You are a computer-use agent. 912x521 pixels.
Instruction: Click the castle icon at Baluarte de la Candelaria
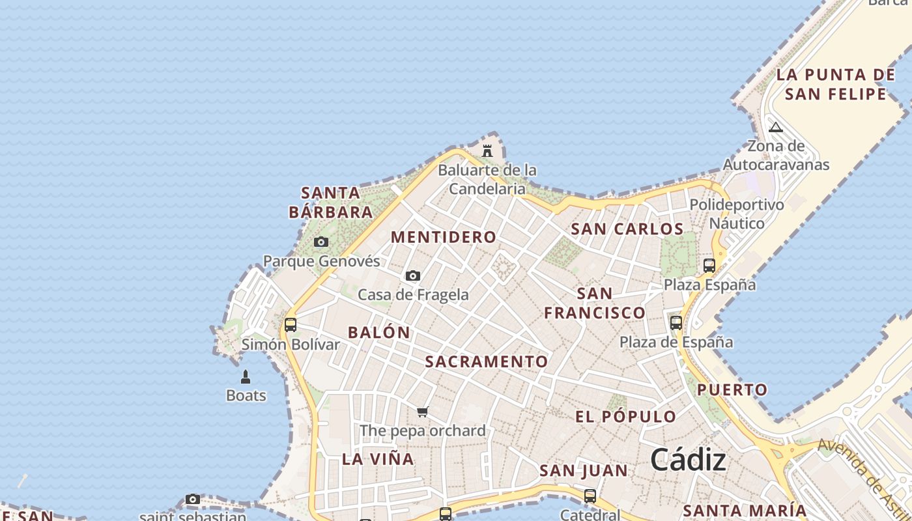(487, 151)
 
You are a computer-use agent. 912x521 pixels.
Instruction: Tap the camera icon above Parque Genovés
(321, 242)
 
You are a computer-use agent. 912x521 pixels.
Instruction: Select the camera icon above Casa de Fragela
(413, 276)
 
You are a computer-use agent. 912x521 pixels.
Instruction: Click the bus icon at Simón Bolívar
(291, 324)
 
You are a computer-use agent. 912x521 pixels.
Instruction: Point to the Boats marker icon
(246, 376)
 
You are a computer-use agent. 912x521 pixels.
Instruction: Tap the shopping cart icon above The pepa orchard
(423, 412)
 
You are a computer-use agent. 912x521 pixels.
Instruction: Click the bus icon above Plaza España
(709, 266)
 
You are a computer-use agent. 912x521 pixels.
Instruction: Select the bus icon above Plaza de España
(676, 322)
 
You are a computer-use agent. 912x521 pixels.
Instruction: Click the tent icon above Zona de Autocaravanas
(775, 127)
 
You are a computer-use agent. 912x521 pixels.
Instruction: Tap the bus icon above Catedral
(590, 496)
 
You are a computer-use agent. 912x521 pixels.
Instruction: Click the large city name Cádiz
(688, 460)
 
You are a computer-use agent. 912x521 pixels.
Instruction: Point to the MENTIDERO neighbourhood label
(444, 237)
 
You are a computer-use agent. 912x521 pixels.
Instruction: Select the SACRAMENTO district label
(487, 361)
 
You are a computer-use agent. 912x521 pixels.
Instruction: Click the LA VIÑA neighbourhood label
(378, 459)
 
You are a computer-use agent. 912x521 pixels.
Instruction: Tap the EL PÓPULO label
(626, 417)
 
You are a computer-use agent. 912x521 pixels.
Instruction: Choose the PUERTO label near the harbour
(733, 390)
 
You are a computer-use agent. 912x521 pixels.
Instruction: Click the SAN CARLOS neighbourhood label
(627, 229)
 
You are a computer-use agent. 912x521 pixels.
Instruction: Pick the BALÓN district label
(379, 332)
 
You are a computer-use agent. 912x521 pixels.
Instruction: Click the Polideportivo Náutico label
(737, 214)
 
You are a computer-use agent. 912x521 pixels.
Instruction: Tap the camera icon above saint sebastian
(192, 500)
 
